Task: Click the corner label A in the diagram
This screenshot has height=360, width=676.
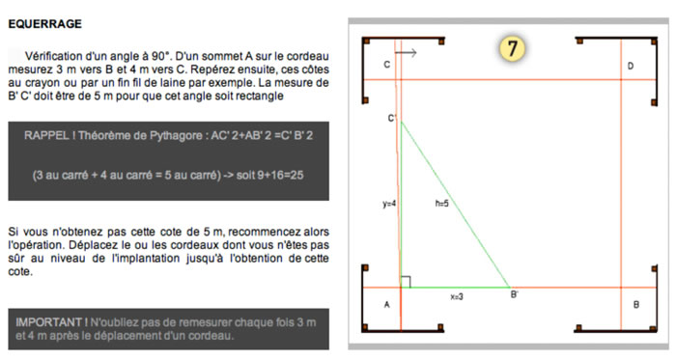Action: point(386,305)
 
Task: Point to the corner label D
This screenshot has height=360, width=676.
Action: point(630,67)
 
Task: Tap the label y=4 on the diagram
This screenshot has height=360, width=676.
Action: point(389,204)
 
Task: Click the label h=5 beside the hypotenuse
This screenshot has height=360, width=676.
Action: point(442,204)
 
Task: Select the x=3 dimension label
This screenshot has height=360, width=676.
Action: point(456,296)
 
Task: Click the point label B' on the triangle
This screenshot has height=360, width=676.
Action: point(515,294)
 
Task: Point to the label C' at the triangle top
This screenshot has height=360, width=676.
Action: point(393,118)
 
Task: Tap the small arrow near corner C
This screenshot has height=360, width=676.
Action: point(406,54)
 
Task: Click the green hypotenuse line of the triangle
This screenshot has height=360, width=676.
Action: point(454,203)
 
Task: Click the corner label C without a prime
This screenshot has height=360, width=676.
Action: point(386,65)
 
